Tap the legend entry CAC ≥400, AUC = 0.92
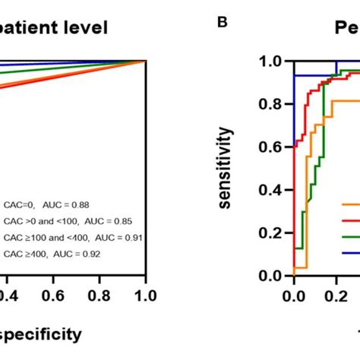(52, 254)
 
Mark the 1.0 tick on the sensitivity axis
(271, 61)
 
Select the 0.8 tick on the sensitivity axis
(271, 104)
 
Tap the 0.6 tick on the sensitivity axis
(271, 147)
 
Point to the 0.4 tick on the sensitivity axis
(271, 190)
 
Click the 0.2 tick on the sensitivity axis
(271, 233)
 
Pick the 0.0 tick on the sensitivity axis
(271, 276)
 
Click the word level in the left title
(84, 28)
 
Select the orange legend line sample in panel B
(350, 204)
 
